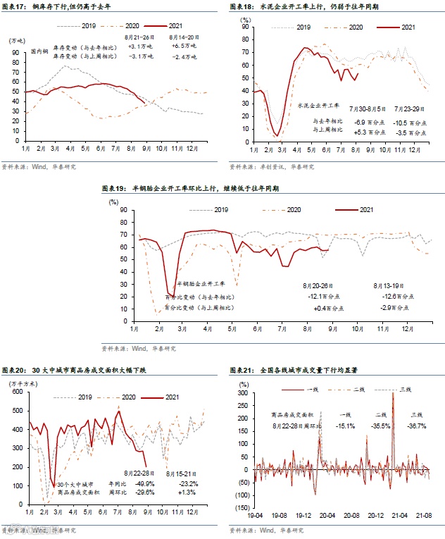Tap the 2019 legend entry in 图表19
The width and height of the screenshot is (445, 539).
[x=222, y=210]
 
